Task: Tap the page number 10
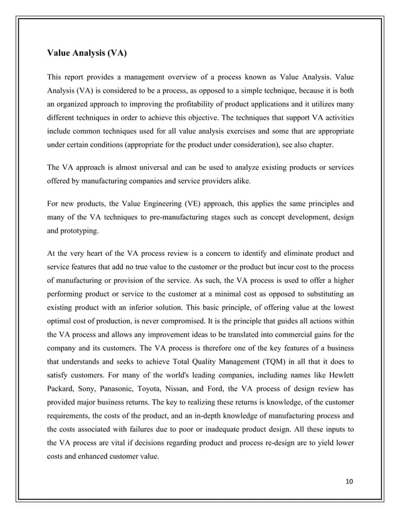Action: pos(349,480)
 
